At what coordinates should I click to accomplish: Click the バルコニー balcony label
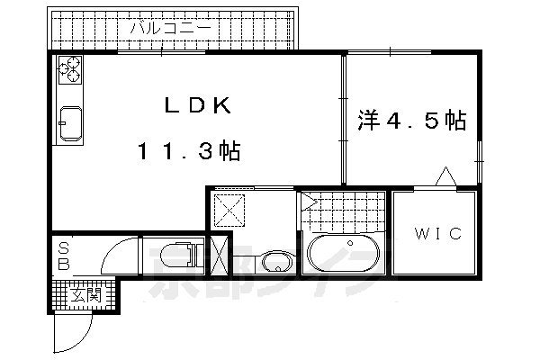[x=170, y=29]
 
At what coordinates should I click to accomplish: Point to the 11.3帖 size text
[x=188, y=150]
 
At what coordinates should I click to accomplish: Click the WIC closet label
[x=437, y=234]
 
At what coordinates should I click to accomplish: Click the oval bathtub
[x=343, y=254]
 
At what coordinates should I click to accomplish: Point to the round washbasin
[x=276, y=262]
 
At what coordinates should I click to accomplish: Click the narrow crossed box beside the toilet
[x=219, y=255]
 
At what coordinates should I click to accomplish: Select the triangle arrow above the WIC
[x=445, y=177]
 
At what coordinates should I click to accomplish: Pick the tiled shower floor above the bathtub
[x=342, y=212]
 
